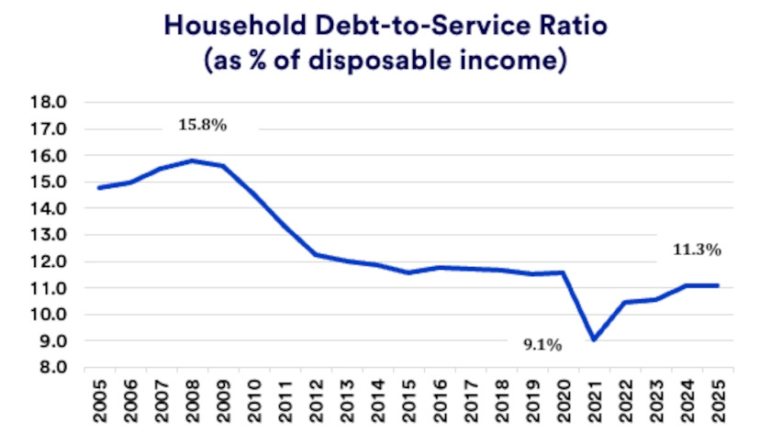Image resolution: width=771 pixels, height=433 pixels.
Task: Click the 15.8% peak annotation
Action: click(201, 126)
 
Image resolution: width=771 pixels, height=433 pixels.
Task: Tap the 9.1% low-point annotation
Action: click(542, 345)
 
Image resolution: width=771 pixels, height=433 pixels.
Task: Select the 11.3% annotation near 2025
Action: click(698, 250)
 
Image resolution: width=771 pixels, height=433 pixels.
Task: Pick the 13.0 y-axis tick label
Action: click(50, 235)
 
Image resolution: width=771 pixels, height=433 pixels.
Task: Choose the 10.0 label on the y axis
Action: click(50, 315)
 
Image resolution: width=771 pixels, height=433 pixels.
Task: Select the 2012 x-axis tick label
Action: click(316, 398)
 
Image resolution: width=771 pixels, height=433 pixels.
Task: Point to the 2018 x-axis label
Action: click(501, 398)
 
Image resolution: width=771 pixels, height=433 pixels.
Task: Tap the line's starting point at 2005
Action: click(98, 188)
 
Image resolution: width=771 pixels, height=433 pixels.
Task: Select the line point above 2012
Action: click(315, 254)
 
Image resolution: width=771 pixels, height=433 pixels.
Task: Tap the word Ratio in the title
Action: click(562, 27)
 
